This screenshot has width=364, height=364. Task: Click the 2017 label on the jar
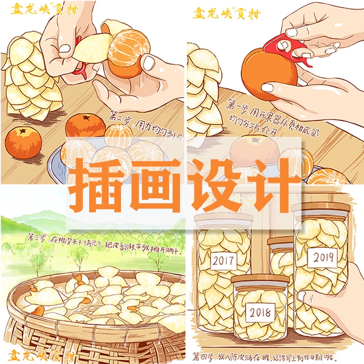[224, 260]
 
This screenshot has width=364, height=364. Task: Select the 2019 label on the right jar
[323, 258]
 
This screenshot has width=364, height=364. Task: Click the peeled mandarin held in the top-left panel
[124, 54]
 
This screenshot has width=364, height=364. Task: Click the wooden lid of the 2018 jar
[260, 279]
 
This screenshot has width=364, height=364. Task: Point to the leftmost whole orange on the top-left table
[23, 142]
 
